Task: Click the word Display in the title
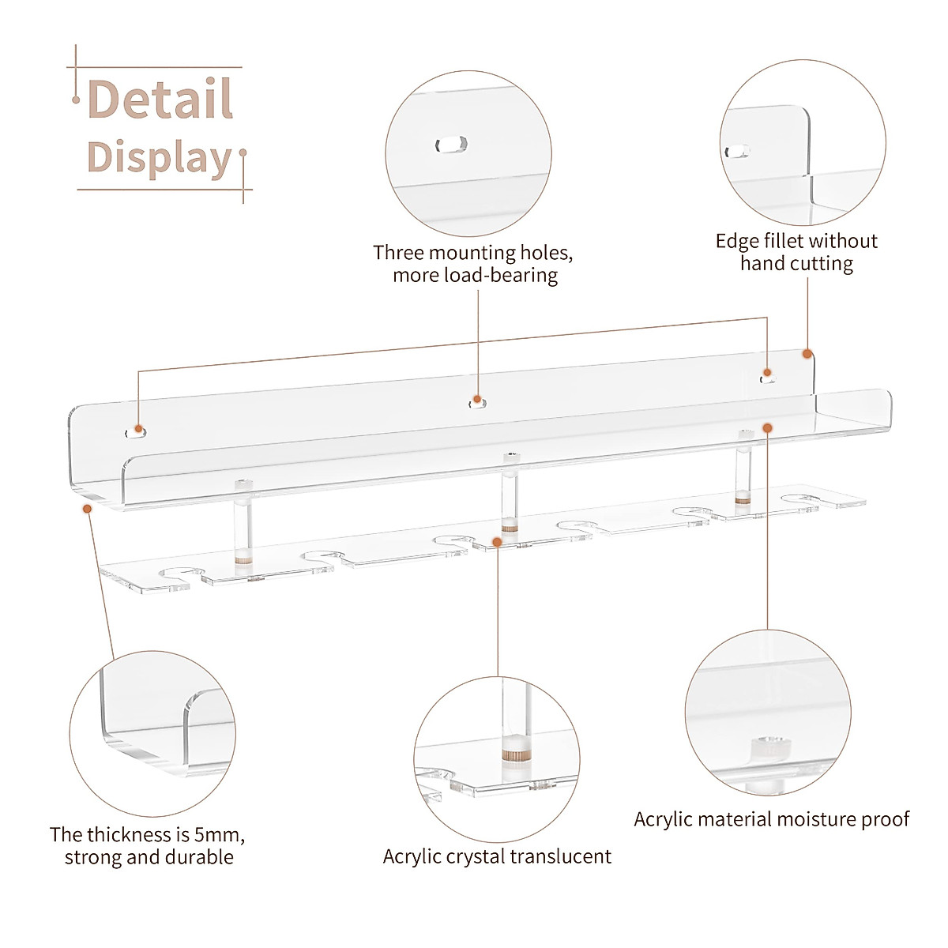point(159,157)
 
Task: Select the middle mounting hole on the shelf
point(477,403)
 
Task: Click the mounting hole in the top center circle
point(451,145)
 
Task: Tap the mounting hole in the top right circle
point(740,150)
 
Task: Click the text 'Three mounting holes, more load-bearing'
point(473,264)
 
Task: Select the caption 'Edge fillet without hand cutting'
point(796,252)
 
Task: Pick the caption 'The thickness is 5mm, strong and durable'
point(148,845)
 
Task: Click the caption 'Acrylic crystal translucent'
point(497,856)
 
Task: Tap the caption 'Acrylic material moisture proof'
point(771,819)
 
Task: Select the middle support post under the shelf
point(510,494)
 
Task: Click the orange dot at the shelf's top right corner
point(807,355)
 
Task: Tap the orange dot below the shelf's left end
point(87,510)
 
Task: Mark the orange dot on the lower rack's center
point(497,541)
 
